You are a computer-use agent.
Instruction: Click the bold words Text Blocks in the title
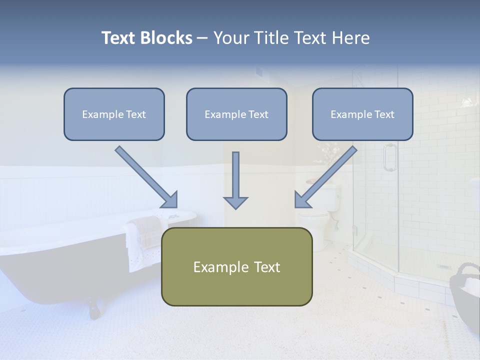tap(146, 38)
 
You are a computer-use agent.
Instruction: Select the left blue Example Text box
tap(114, 114)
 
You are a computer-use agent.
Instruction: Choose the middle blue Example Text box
tap(236, 114)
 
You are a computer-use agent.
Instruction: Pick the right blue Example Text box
tap(362, 114)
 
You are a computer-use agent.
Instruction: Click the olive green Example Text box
tap(236, 266)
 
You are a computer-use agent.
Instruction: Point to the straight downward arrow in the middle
tap(235, 180)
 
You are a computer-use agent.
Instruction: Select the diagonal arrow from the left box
tap(147, 177)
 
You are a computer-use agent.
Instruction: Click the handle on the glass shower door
tap(389, 157)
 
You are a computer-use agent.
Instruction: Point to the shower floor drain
tap(444, 266)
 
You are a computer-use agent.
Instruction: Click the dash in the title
tap(202, 38)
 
